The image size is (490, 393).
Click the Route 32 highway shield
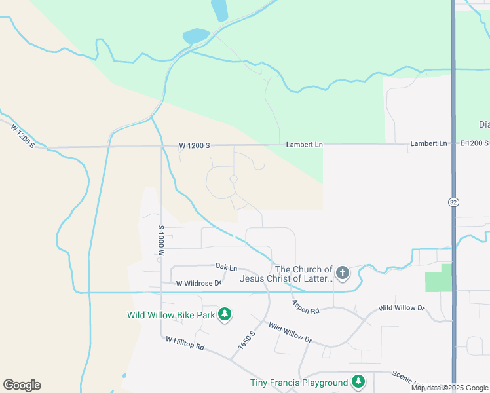coord(453,202)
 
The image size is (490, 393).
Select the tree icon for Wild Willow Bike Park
coord(225,315)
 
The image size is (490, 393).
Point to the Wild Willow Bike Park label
coord(171,315)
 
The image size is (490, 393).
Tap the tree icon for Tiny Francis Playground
coord(358,382)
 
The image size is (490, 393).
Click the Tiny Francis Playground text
coord(299,383)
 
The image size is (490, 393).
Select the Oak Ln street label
coord(226,266)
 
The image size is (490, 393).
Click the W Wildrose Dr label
coord(199,284)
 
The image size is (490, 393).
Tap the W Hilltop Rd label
coord(185,343)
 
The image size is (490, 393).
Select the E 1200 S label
coord(471,143)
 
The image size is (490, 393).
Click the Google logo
coord(22,385)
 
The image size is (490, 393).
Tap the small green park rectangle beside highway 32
coord(438,278)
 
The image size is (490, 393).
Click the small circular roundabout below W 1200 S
coord(233,179)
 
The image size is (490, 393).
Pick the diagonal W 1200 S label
coord(22,135)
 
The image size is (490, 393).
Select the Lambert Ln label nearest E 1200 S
coord(428,143)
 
